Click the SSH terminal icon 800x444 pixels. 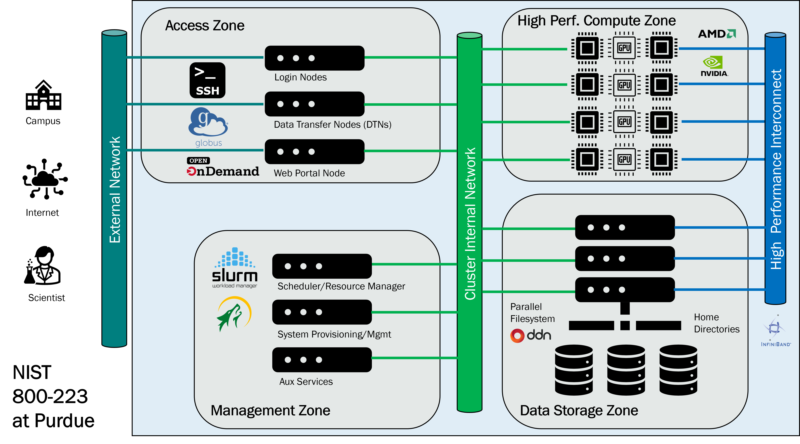(208, 80)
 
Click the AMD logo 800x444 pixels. (717, 34)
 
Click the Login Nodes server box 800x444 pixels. (314, 58)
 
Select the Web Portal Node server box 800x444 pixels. (314, 152)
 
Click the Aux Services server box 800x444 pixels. (322, 360)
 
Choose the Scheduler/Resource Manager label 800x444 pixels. (341, 286)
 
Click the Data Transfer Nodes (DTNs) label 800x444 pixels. (332, 125)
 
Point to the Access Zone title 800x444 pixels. (205, 25)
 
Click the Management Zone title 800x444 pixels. (270, 410)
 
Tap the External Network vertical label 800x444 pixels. (115, 189)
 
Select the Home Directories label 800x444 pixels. (717, 323)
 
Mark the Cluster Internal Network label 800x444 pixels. (470, 224)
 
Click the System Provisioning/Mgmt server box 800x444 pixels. (322, 312)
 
